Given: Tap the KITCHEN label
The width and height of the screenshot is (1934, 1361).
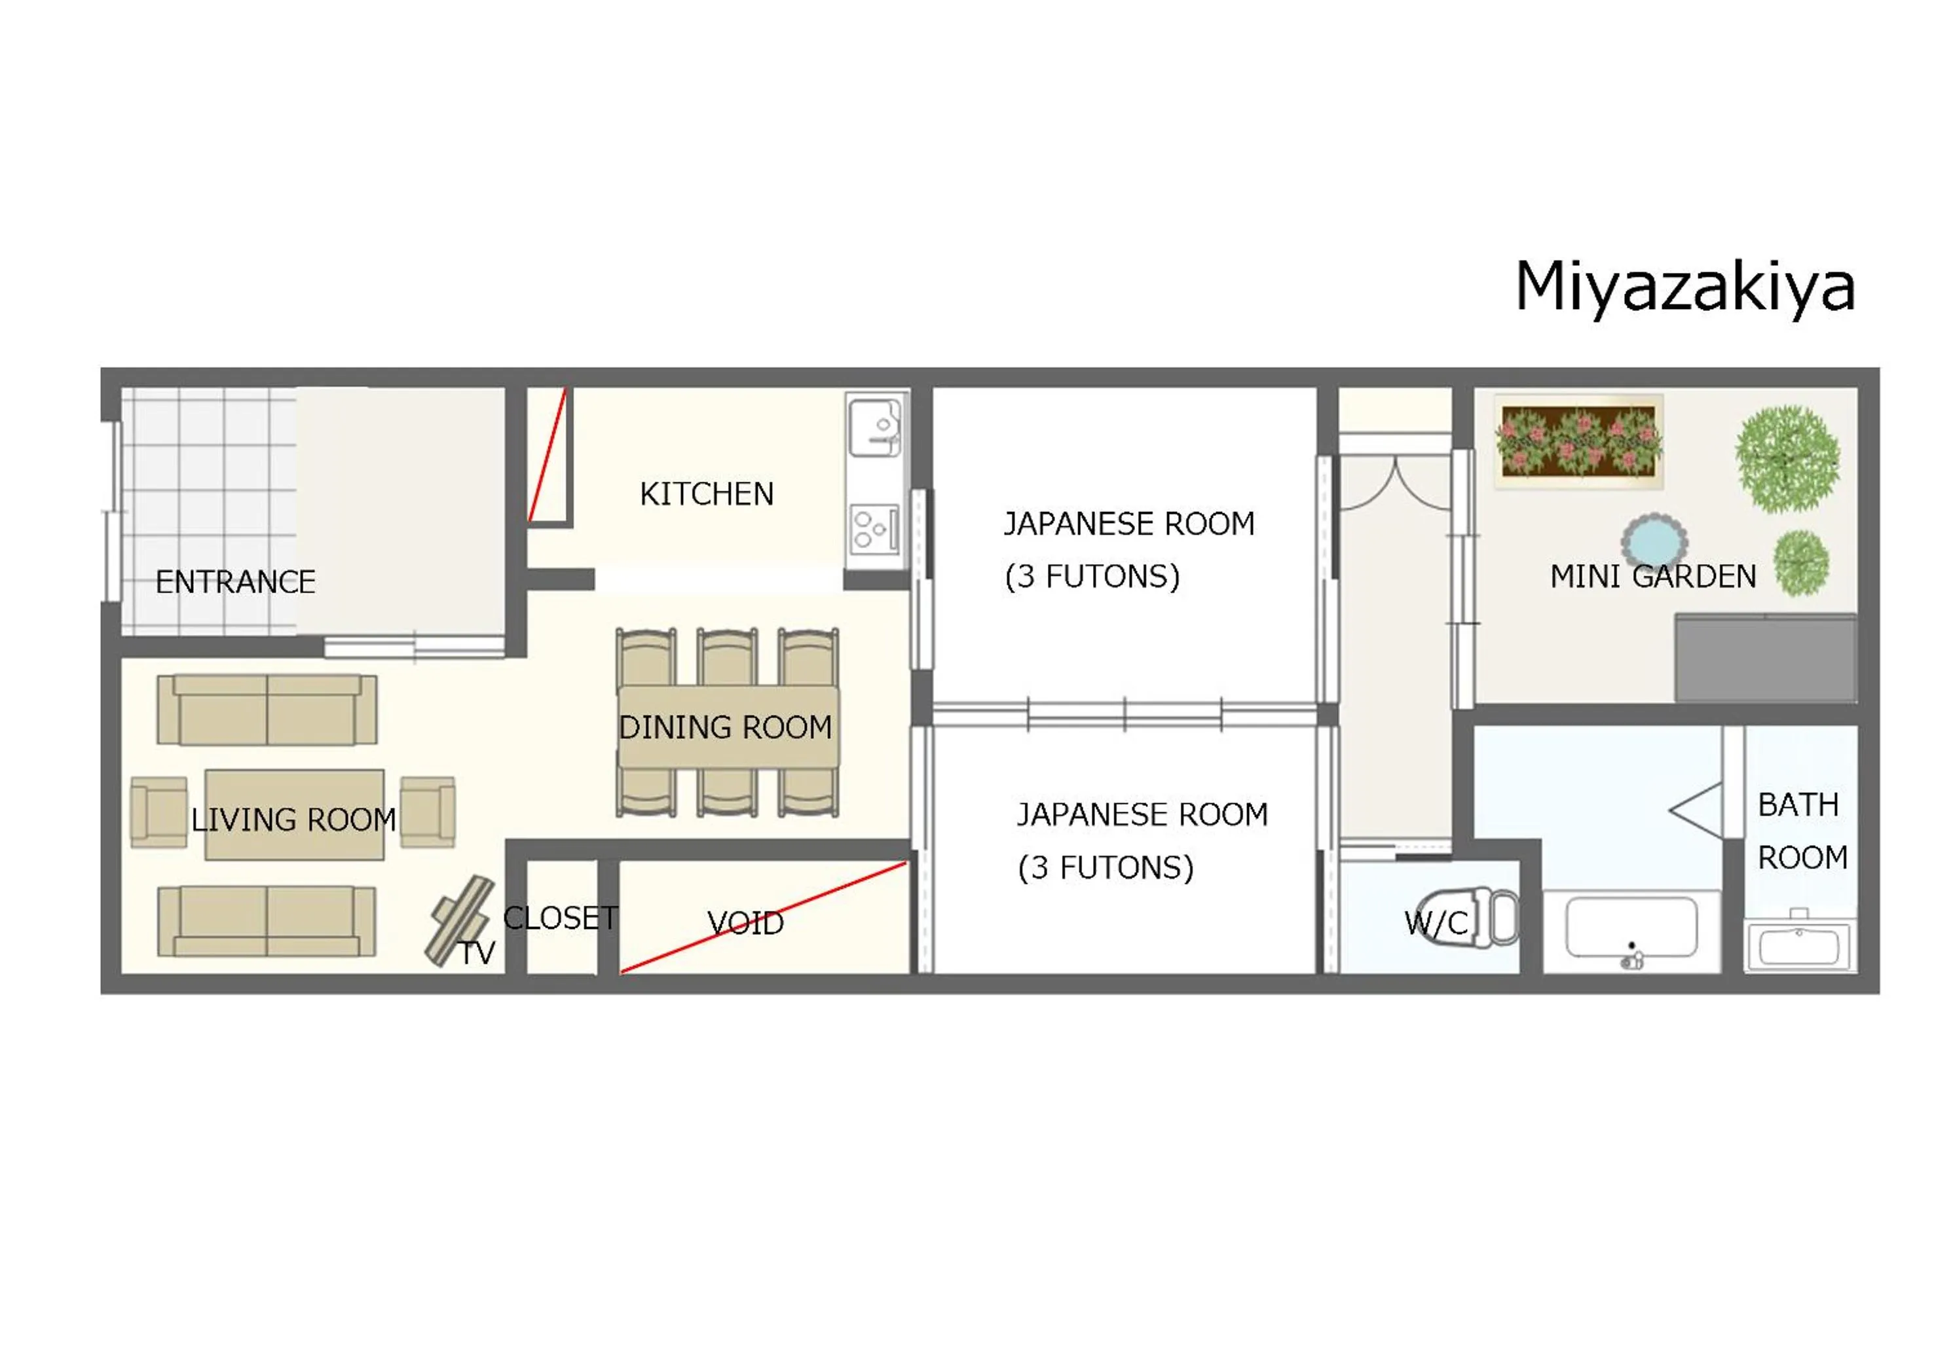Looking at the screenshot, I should (x=707, y=494).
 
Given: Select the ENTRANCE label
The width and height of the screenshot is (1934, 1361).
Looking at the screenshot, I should (x=236, y=582).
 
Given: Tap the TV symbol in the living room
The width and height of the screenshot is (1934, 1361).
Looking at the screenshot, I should (x=459, y=920).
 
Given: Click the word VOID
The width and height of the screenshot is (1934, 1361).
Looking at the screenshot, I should (x=745, y=924).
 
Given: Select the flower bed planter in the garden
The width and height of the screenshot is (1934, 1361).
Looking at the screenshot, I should (x=1578, y=441).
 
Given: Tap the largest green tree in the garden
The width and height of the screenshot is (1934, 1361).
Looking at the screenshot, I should (x=1787, y=459).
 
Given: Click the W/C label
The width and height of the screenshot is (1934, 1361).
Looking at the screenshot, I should (x=1436, y=924).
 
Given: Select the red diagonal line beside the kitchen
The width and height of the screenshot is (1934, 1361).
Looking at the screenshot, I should (x=547, y=456).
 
